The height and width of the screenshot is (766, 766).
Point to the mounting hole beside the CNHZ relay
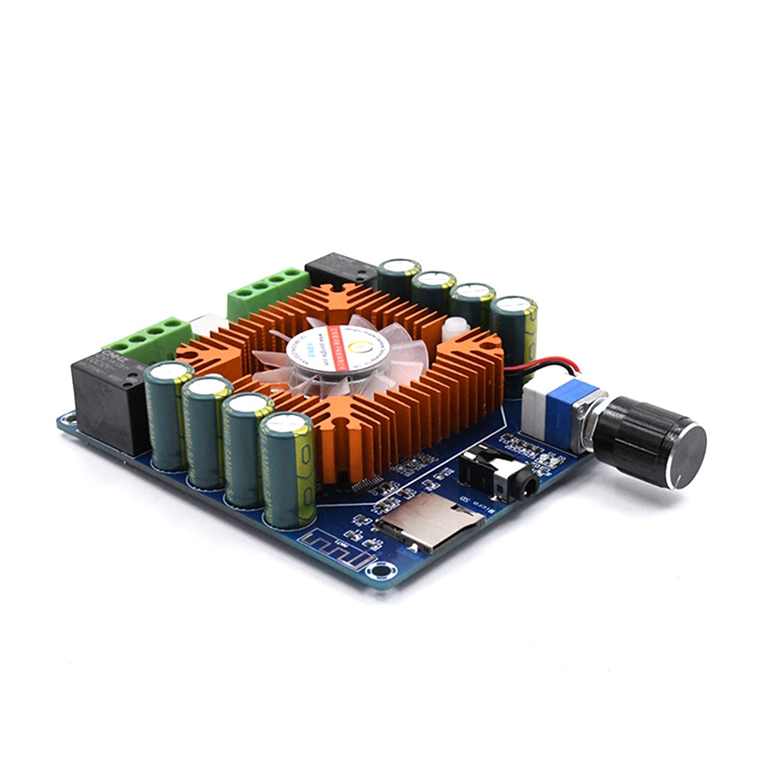[x=67, y=418]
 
